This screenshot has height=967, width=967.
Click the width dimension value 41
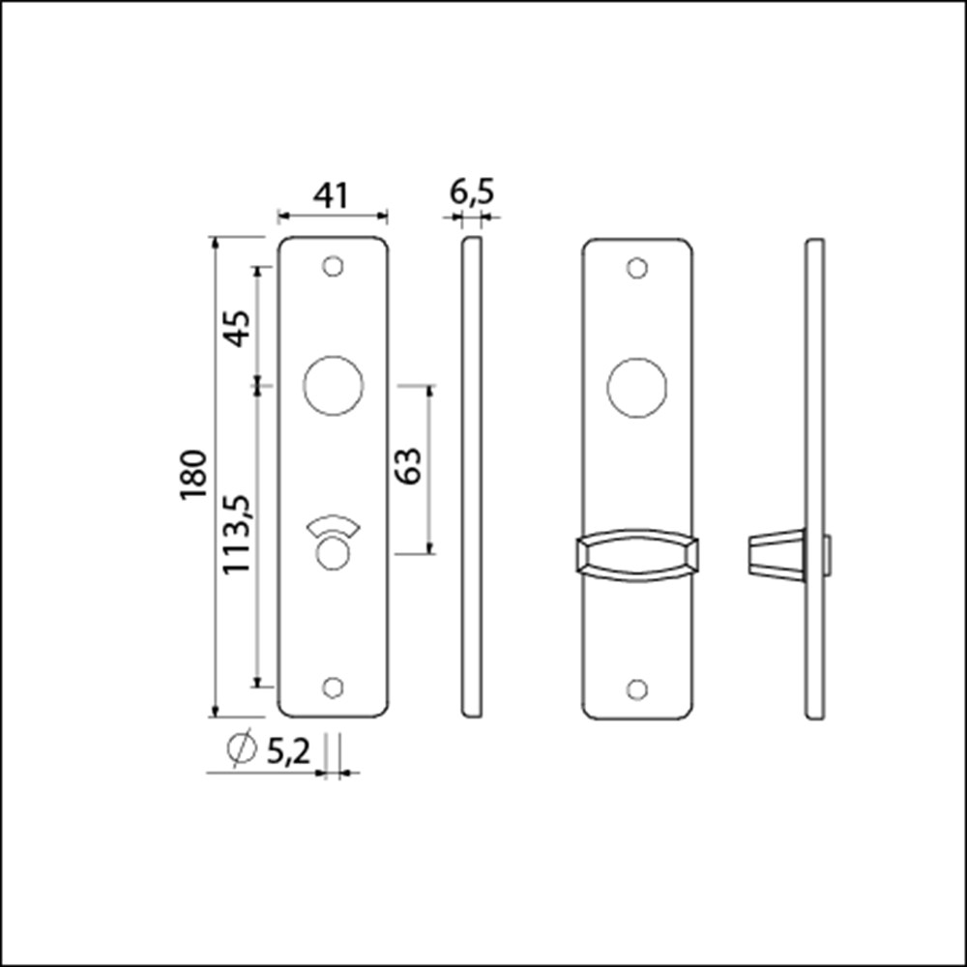click(331, 195)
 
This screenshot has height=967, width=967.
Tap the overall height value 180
click(192, 474)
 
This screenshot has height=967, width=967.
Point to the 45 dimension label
click(237, 327)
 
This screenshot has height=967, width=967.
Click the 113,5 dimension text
click(237, 535)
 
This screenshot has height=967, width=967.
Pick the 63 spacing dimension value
click(407, 467)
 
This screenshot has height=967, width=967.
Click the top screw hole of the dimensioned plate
click(333, 266)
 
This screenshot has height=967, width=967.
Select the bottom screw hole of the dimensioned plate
click(333, 687)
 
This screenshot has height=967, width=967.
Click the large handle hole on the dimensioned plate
click(333, 386)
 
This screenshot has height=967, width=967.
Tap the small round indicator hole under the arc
click(333, 554)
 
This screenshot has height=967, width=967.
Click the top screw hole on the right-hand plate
click(636, 268)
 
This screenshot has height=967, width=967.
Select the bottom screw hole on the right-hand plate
click(636, 689)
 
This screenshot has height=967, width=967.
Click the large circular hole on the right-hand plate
click(636, 388)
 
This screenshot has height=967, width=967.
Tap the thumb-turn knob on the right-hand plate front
click(636, 557)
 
